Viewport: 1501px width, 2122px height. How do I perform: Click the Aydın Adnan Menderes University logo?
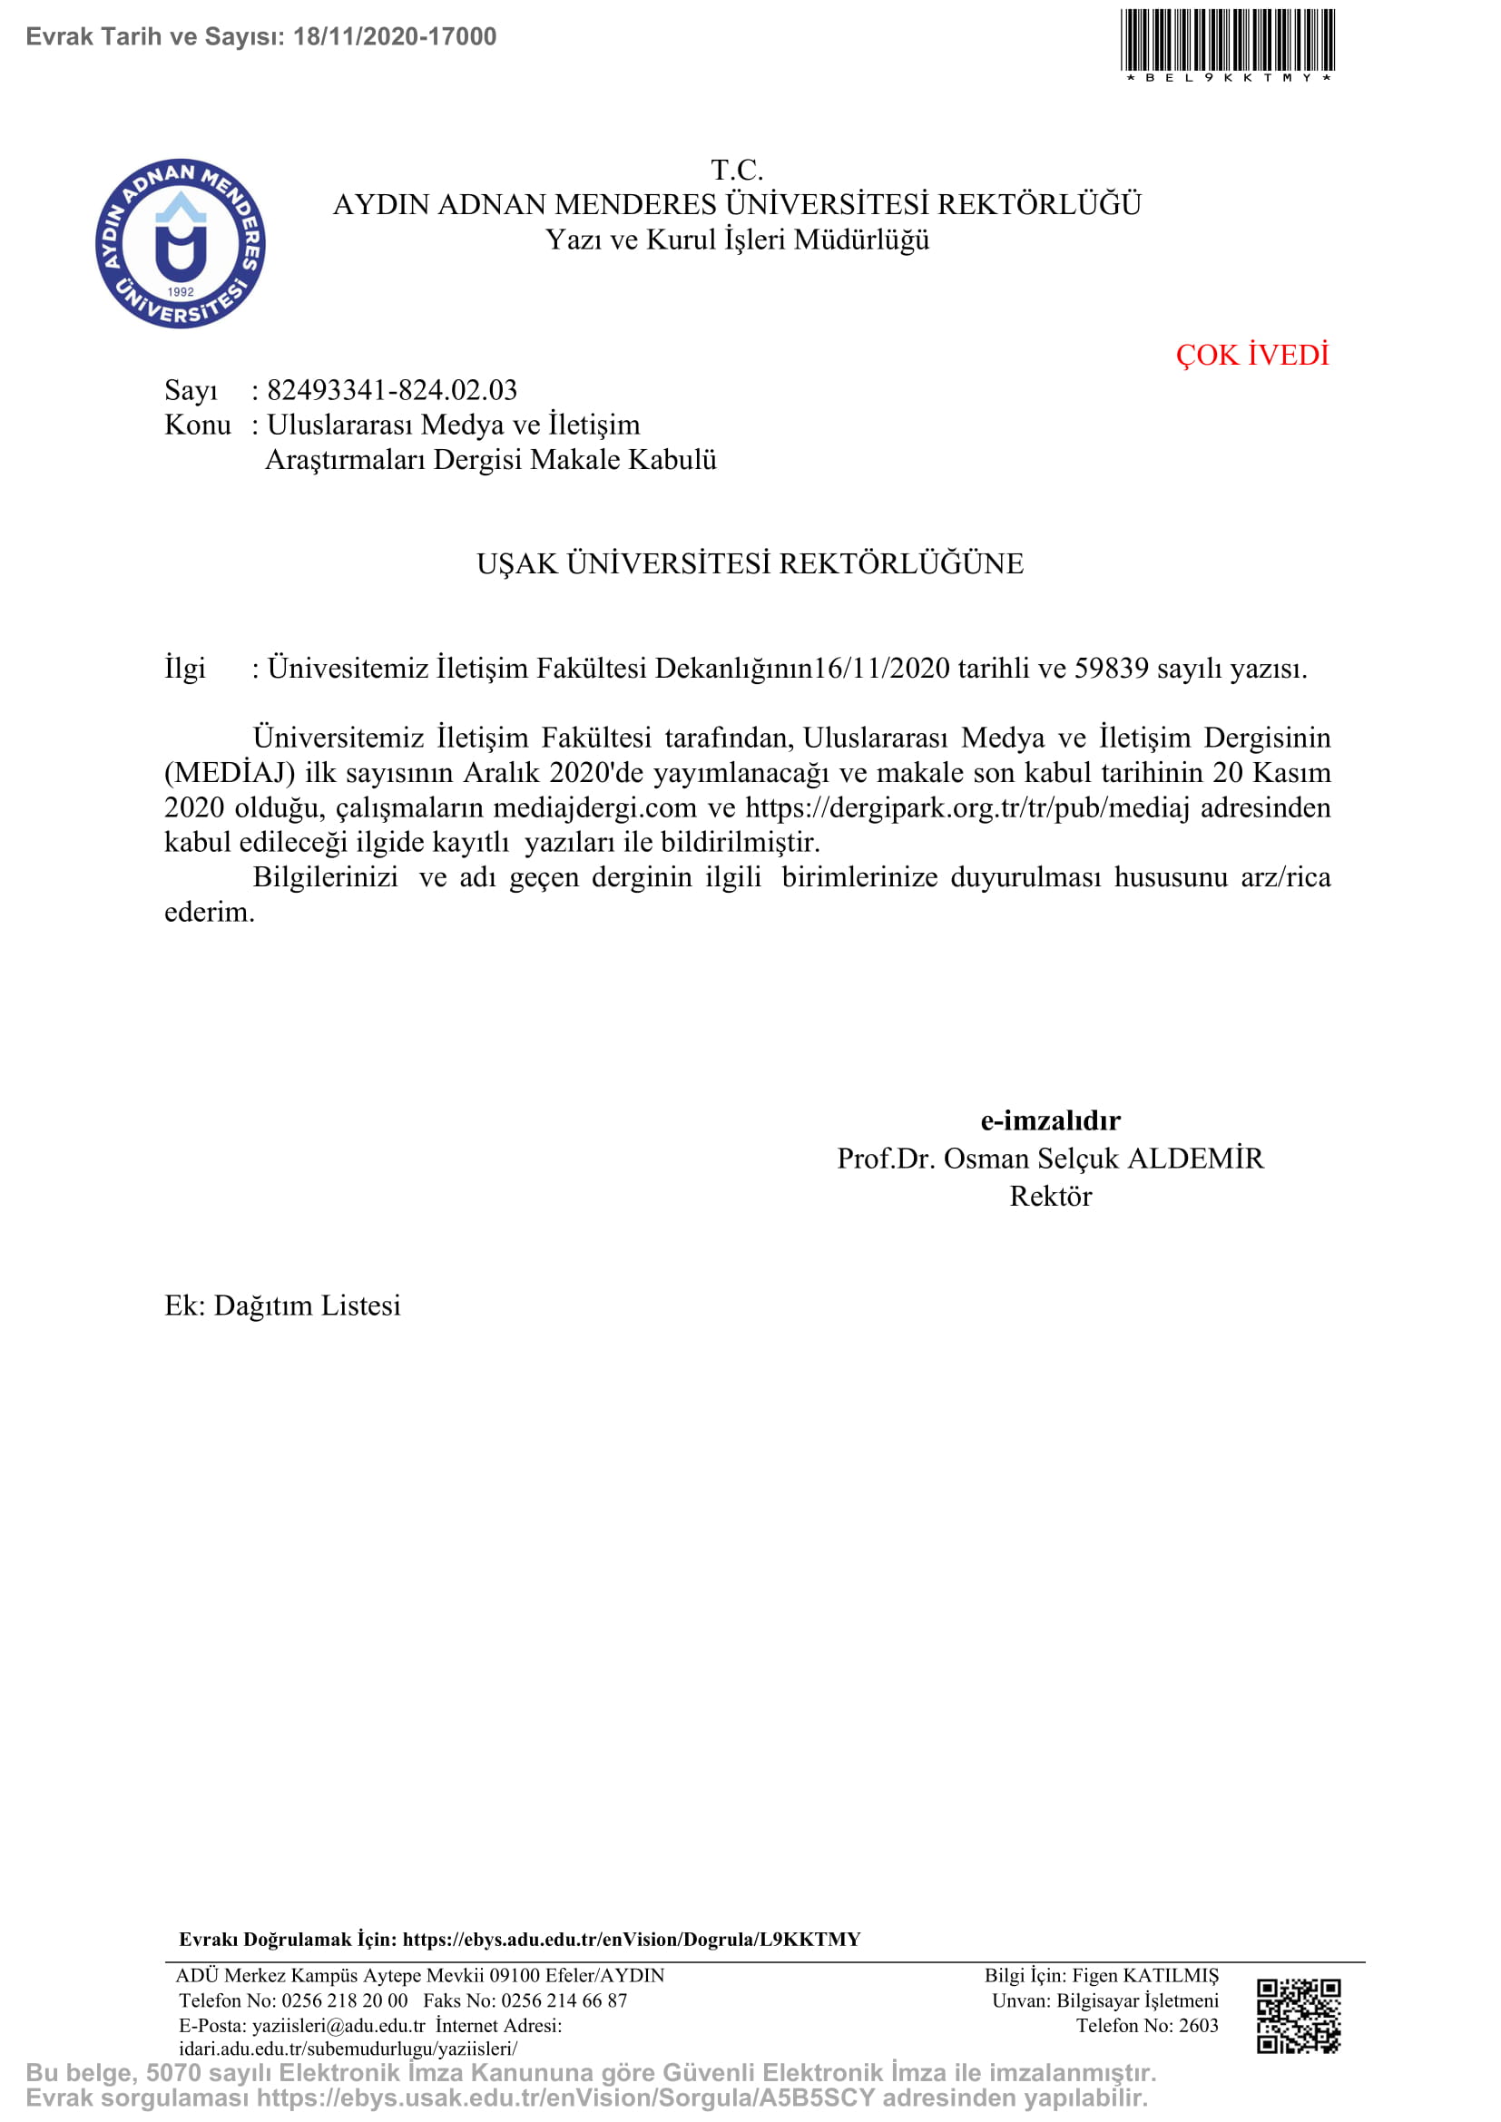click(181, 243)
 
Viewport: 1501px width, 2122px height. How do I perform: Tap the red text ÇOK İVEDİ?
click(1251, 355)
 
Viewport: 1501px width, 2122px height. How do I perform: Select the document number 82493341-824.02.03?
click(392, 390)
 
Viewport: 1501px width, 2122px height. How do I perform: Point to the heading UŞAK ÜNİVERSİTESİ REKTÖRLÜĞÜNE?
click(750, 563)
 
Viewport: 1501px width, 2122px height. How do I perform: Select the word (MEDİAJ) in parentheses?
click(231, 773)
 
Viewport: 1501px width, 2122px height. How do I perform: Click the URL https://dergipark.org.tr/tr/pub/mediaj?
click(966, 807)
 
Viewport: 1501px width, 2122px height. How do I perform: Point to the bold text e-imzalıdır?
click(1050, 1121)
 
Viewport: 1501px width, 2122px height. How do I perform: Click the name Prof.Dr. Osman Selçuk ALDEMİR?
click(1050, 1159)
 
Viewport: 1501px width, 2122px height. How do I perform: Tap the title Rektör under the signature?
click(1050, 1197)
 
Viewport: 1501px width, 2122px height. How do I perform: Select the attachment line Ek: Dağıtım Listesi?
click(283, 1305)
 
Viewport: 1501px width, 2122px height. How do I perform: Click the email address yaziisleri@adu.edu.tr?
click(338, 2026)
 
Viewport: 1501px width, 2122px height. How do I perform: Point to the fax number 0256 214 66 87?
click(564, 2001)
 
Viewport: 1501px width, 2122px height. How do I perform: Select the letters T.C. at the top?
click(737, 170)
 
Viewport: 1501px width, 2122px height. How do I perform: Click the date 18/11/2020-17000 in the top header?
click(395, 37)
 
